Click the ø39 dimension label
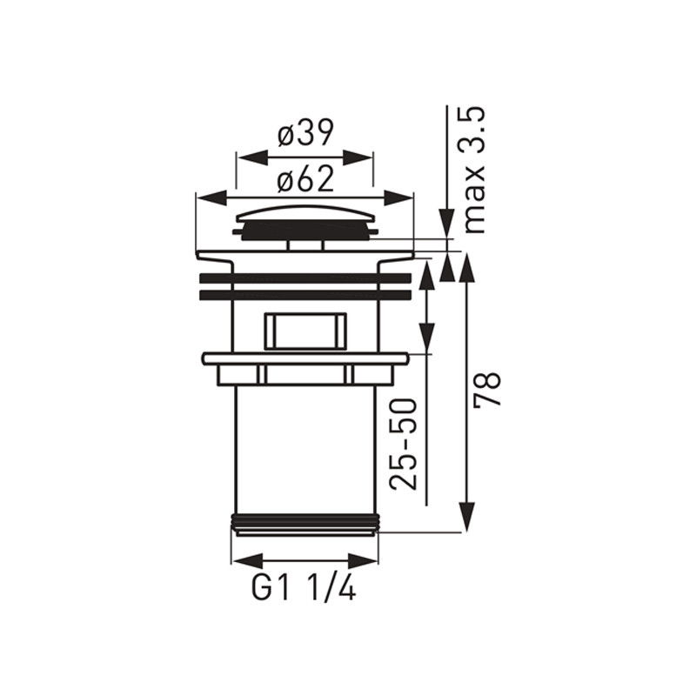305,133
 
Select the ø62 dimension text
305,180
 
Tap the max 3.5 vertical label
474,170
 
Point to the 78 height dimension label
487,389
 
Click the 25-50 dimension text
404,445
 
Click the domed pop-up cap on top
305,223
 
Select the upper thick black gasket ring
306,278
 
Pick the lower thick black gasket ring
306,296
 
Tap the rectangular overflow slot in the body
305,331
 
